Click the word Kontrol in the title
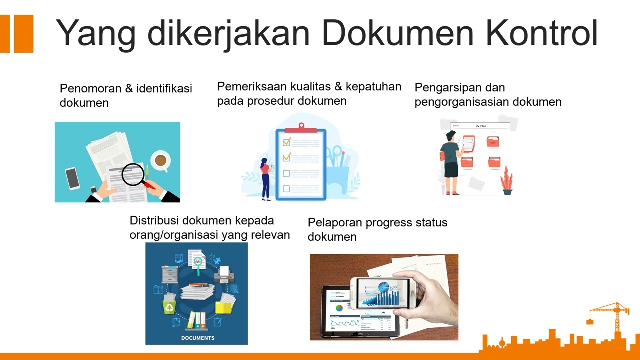click(x=542, y=33)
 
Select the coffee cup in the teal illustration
click(x=160, y=160)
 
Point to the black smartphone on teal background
click(x=72, y=178)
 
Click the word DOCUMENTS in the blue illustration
click(x=198, y=338)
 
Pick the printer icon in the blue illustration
click(x=224, y=274)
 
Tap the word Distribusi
click(x=154, y=221)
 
